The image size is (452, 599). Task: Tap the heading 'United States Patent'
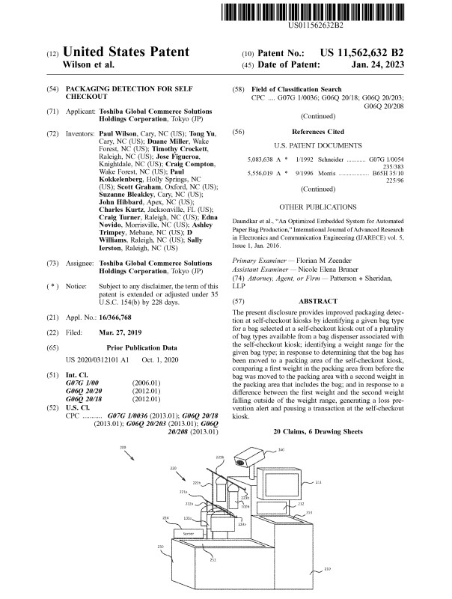click(x=126, y=52)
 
